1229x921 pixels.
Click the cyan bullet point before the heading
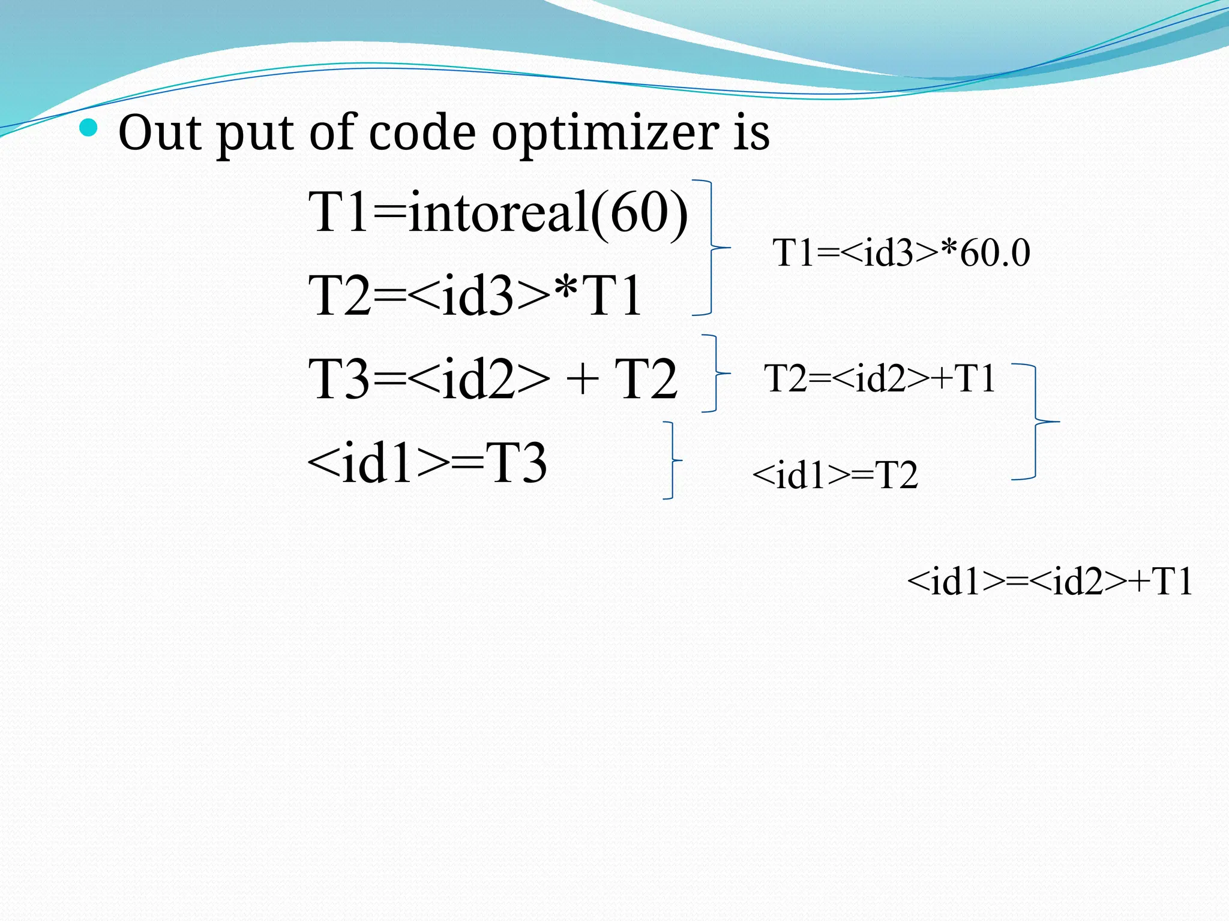(x=88, y=127)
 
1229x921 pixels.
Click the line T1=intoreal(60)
(x=498, y=212)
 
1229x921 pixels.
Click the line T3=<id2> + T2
(x=492, y=378)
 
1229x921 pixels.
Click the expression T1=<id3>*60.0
(x=901, y=252)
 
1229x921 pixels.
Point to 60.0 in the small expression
(x=994, y=252)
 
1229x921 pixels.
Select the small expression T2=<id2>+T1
(x=880, y=378)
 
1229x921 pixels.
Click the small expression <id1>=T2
(x=835, y=475)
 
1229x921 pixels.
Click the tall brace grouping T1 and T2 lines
(x=711, y=247)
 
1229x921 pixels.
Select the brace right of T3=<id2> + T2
(x=715, y=373)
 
